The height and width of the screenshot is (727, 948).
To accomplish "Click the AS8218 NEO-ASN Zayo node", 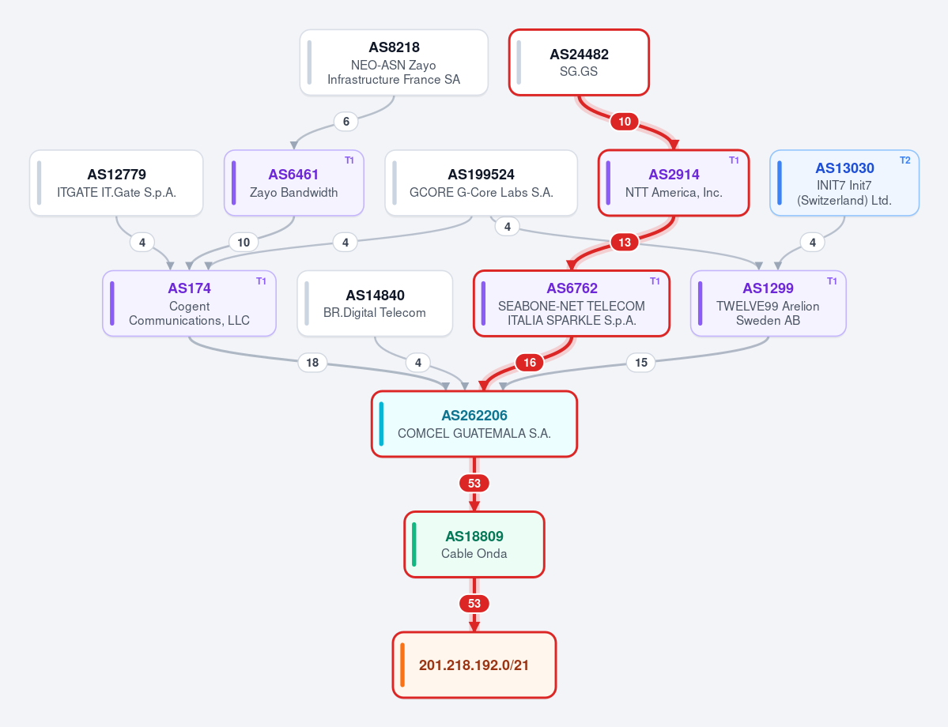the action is (x=394, y=63).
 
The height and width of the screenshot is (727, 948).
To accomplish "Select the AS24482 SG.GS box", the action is (x=579, y=63).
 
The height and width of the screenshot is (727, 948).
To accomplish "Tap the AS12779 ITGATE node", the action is (x=116, y=183).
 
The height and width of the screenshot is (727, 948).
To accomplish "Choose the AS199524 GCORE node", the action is (x=482, y=183).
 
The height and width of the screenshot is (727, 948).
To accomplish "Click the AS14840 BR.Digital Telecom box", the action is (x=375, y=303).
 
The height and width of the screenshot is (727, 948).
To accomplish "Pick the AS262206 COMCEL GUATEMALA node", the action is (x=474, y=424).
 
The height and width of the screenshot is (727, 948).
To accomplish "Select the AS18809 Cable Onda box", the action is (x=474, y=544).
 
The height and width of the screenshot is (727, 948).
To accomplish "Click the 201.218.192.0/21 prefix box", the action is (x=474, y=665).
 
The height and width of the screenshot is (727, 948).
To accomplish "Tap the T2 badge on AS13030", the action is (x=905, y=160).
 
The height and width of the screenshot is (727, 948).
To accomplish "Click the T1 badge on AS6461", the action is (x=349, y=160).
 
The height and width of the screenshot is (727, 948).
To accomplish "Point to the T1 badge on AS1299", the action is (x=831, y=281).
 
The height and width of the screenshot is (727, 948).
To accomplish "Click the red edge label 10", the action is (x=625, y=122).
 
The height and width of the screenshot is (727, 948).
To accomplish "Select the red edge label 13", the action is (x=625, y=243).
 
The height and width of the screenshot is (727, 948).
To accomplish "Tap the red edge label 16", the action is (x=530, y=363).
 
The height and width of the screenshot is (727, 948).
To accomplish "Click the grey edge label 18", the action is (x=312, y=363).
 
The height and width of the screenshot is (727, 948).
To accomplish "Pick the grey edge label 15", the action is (x=641, y=363).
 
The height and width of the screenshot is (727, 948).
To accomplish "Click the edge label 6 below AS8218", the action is (x=346, y=122).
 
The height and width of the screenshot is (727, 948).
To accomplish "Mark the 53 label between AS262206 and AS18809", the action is (x=474, y=484).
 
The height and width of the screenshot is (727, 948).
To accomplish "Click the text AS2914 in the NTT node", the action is (x=674, y=175).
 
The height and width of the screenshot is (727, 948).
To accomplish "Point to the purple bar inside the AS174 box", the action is (x=111, y=303).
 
